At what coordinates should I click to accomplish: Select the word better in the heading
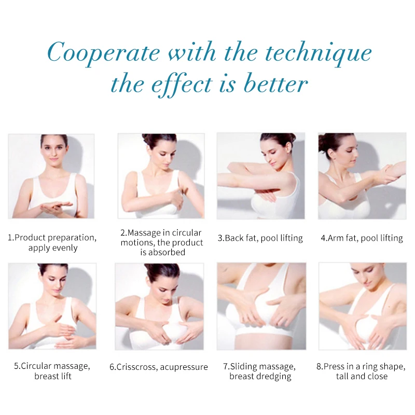[x=275, y=84]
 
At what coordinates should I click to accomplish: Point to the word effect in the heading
[x=182, y=85]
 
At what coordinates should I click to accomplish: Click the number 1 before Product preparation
[x=10, y=238]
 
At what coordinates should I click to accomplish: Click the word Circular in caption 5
[x=36, y=366]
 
